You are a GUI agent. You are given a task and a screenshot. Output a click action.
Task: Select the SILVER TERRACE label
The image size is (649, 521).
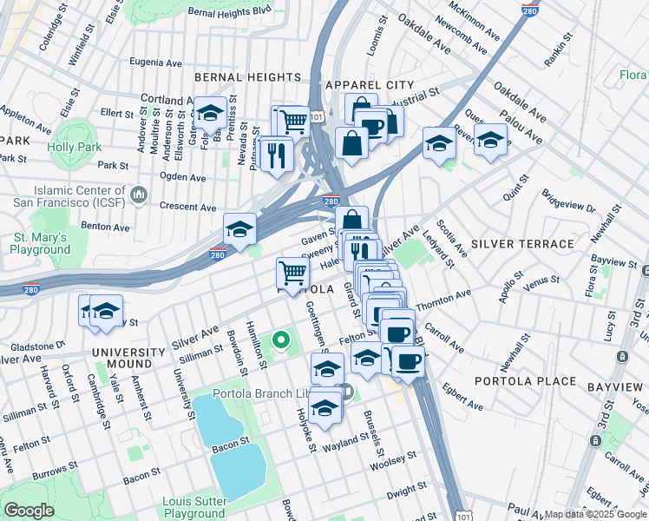(x=522, y=245)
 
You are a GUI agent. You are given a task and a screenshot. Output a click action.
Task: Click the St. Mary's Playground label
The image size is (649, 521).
(x=41, y=243)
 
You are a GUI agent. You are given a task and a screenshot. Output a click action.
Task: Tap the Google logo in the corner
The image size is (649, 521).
(x=29, y=510)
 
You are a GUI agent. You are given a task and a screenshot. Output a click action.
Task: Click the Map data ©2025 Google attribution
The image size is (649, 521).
(x=595, y=514)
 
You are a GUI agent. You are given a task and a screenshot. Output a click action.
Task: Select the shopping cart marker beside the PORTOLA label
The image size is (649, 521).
(x=293, y=273)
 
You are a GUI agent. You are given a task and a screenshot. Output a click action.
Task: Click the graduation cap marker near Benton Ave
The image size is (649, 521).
(x=239, y=229)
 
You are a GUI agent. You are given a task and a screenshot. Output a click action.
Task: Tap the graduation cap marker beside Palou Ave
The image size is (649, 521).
(x=490, y=139)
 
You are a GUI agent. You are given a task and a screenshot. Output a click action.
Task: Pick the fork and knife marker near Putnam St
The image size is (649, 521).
(x=277, y=155)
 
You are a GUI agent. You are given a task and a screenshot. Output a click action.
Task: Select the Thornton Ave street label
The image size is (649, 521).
(x=443, y=300)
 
